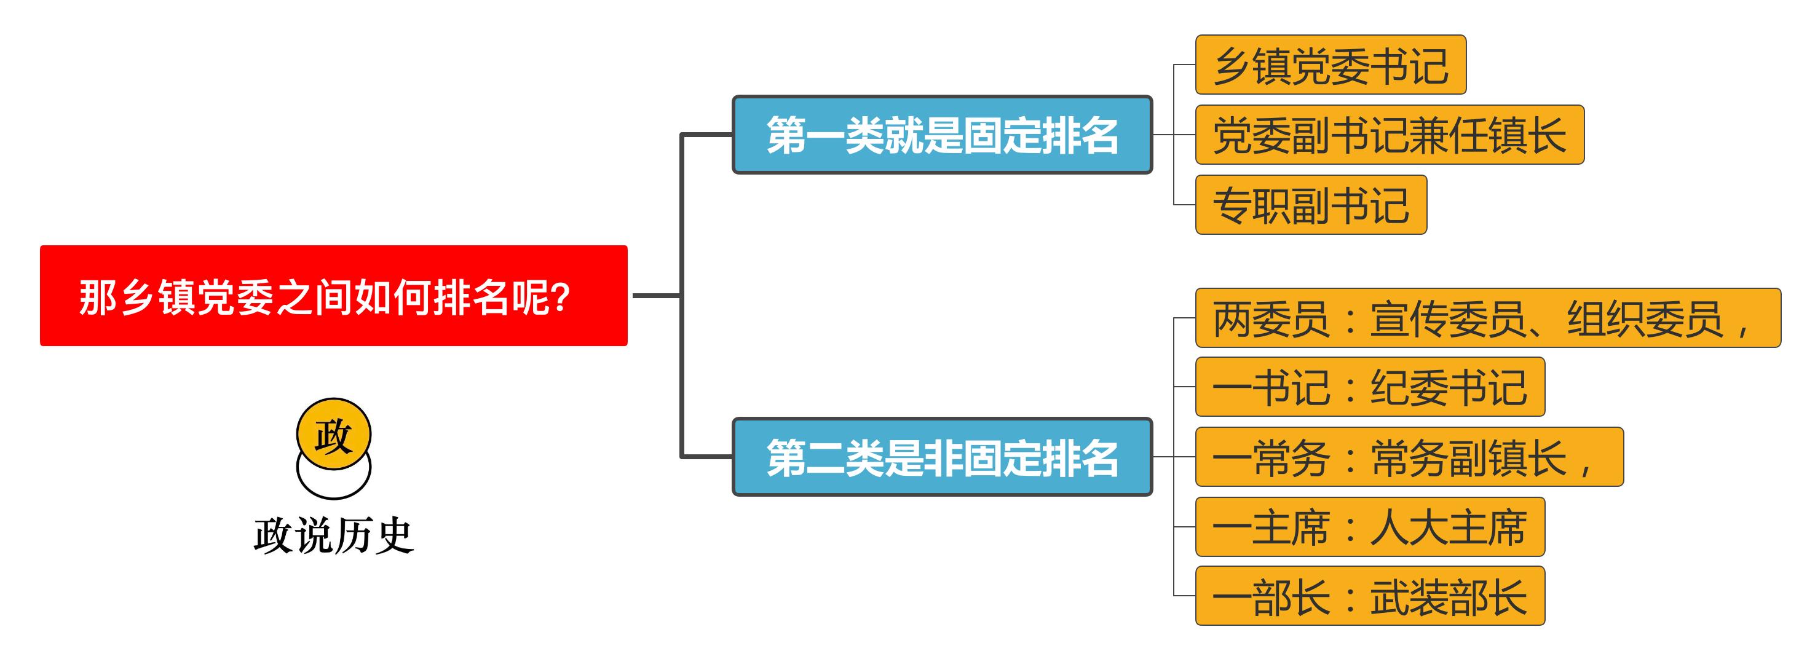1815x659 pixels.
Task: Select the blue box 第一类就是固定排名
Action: (x=942, y=135)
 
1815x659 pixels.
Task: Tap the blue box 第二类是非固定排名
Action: (x=942, y=457)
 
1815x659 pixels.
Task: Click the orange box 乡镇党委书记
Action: (x=1331, y=65)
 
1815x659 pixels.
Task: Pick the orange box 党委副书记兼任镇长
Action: (x=1389, y=135)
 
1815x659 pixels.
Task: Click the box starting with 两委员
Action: (x=1487, y=318)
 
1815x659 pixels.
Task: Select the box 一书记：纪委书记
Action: (x=1370, y=387)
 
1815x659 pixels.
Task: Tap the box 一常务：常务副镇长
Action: (x=1409, y=457)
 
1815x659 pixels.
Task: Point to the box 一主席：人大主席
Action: (x=1370, y=526)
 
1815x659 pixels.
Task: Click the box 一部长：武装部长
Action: (x=1370, y=596)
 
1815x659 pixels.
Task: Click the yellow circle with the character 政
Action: (x=333, y=433)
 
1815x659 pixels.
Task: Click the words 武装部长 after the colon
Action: (x=1448, y=596)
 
